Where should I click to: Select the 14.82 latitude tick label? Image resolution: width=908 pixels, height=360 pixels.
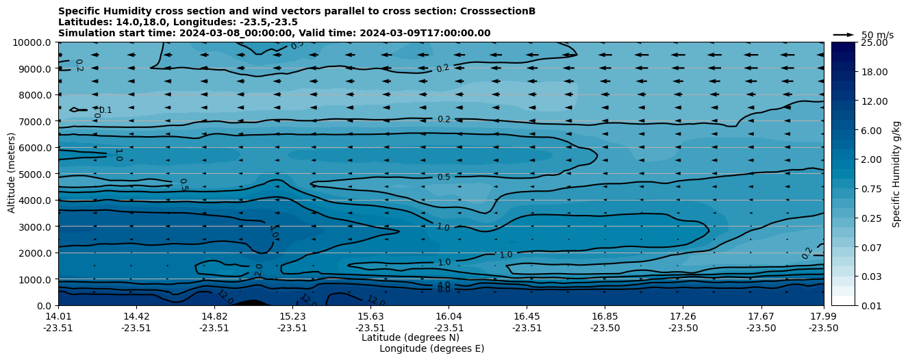tap(214, 316)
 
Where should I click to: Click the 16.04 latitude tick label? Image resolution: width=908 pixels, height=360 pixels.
tap(449, 316)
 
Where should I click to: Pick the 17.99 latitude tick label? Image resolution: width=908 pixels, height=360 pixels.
tap(823, 316)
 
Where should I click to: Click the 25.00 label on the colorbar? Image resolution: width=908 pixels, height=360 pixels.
tap(873, 42)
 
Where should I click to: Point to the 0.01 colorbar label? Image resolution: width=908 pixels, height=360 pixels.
tap(871, 305)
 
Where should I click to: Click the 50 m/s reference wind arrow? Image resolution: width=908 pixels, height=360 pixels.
tap(843, 34)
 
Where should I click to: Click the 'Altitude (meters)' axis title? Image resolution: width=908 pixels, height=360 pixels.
tap(12, 174)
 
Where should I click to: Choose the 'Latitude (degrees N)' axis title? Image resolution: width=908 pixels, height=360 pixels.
tap(410, 337)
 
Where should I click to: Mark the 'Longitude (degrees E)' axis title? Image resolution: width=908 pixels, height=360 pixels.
tap(431, 348)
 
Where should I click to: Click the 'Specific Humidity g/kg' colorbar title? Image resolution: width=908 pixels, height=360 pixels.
tap(897, 174)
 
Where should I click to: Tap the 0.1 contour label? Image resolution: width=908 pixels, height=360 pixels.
tap(105, 110)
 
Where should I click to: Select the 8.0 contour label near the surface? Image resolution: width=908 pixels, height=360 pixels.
tap(444, 290)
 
